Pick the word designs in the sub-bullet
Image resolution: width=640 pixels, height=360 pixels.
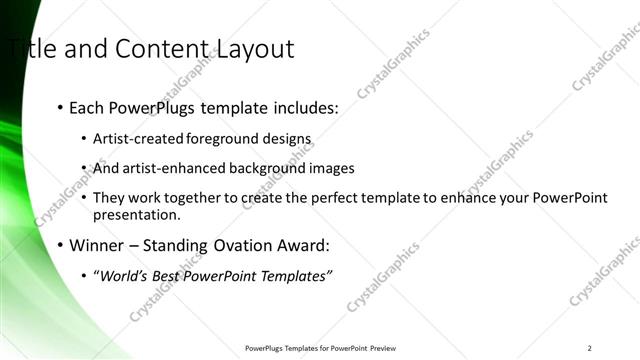coord(287,139)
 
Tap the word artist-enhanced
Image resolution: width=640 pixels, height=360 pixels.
coord(172,168)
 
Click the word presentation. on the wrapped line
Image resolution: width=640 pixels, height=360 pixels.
coord(136,214)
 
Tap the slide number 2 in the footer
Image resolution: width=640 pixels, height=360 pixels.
coord(590,348)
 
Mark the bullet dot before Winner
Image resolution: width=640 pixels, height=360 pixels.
coord(61,245)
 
